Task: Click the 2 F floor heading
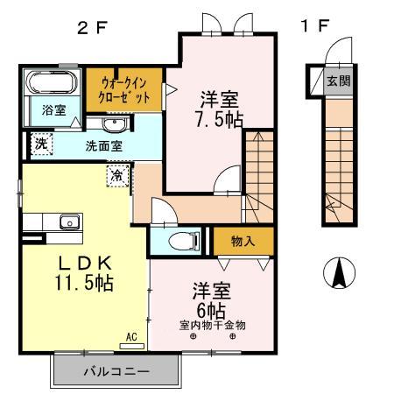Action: (92, 27)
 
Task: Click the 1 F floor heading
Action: (314, 26)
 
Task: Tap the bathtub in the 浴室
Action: (50, 84)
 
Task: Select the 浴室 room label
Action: (53, 109)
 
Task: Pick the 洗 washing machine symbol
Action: (40, 144)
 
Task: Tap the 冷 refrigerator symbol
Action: (118, 176)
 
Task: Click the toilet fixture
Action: (180, 238)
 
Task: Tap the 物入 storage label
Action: (243, 240)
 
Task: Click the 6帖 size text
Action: (211, 311)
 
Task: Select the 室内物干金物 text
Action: (213, 326)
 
